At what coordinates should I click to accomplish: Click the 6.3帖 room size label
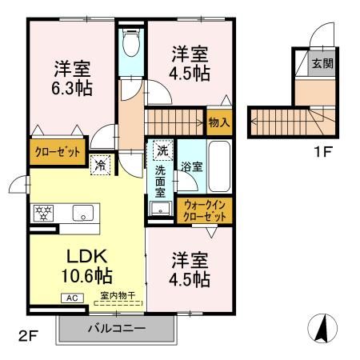[x=72, y=86]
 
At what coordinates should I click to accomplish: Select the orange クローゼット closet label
[x=58, y=151]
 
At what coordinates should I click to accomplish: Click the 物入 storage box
[x=218, y=122]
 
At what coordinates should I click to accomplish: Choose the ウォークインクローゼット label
[x=204, y=211]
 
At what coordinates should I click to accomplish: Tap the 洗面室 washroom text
[x=160, y=180]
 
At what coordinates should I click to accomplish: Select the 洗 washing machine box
[x=162, y=150]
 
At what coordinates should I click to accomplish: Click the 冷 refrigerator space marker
[x=101, y=165]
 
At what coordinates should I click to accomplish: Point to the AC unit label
[x=70, y=298]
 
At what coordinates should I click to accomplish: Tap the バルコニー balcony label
[x=115, y=329]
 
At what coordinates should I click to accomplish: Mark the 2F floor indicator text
[x=28, y=333]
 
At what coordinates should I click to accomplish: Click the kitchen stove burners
[x=42, y=214]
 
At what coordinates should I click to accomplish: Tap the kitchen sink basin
[x=83, y=213]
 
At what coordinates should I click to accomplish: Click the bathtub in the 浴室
[x=218, y=166]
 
